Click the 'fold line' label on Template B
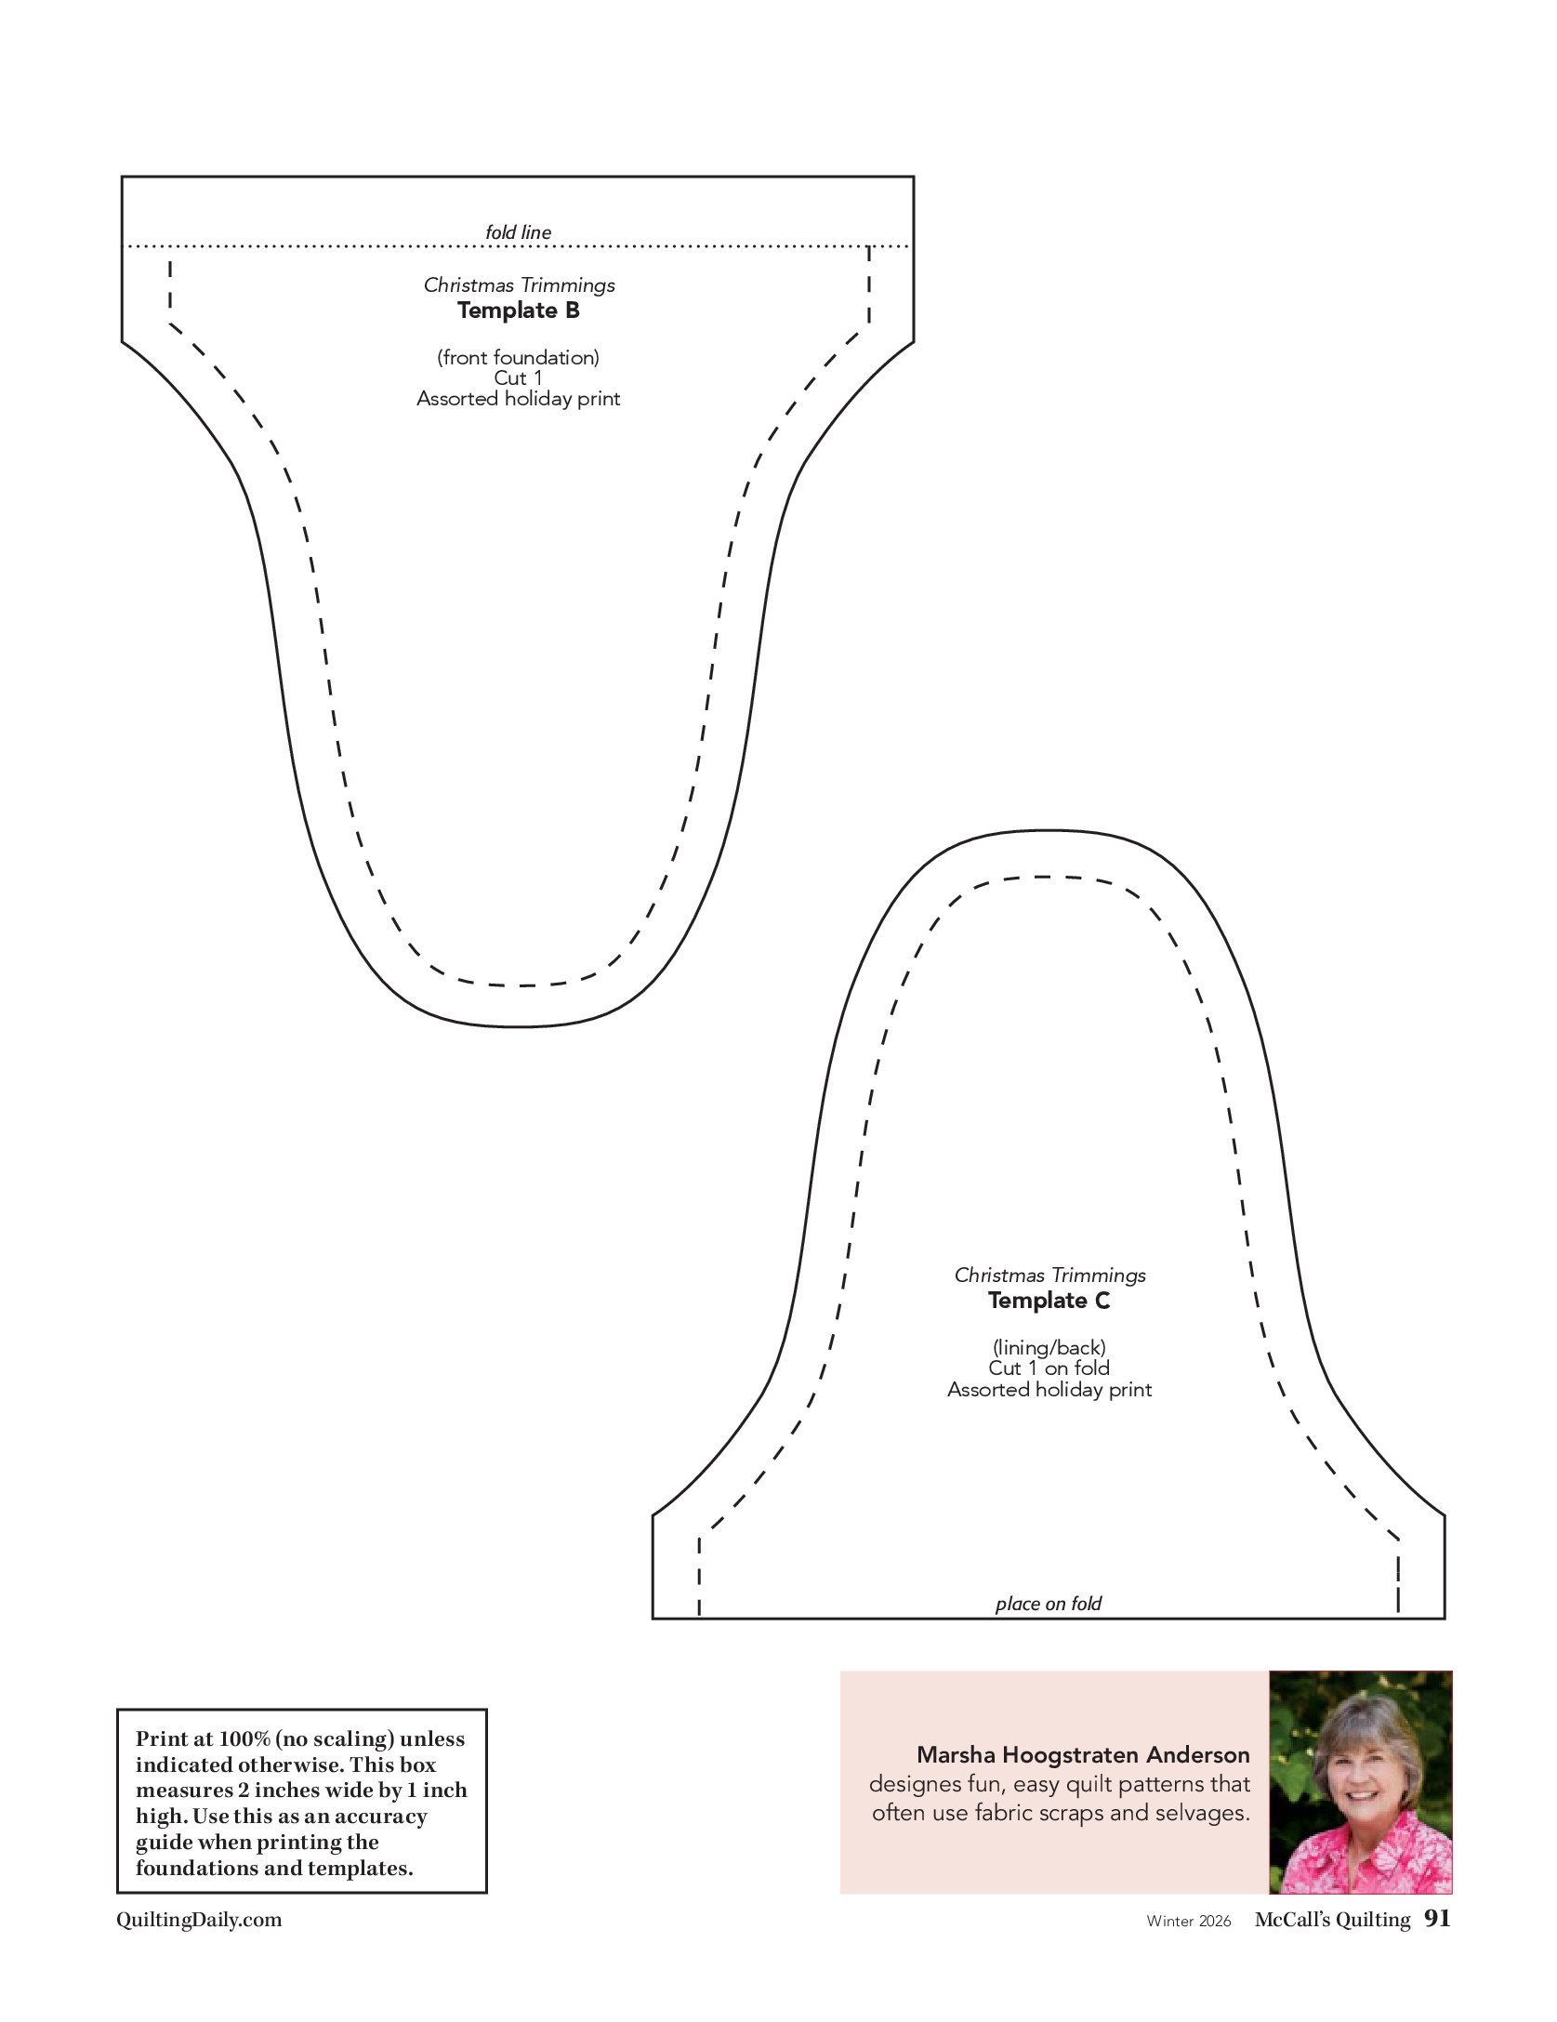coord(518,232)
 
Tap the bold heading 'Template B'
coord(518,311)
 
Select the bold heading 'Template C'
coord(1049,1301)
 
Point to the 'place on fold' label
coord(1048,1604)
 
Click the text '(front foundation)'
coord(518,357)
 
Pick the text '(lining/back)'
coord(1049,1347)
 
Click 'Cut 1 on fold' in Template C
coord(1049,1368)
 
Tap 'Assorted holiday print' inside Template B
coord(518,399)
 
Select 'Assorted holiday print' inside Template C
coord(1049,1389)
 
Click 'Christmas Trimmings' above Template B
coord(519,285)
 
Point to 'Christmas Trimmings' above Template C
coord(1049,1275)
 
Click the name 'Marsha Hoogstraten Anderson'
coord(1083,1755)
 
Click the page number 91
coord(1437,1919)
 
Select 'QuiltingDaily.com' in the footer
coord(199,1920)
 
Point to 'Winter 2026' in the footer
coord(1188,1922)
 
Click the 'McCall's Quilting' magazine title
coord(1332,1920)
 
